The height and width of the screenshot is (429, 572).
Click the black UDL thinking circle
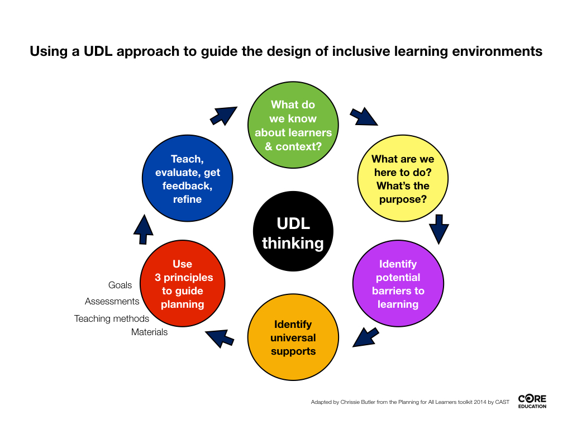point(293,231)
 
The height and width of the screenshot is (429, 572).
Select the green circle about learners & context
point(293,125)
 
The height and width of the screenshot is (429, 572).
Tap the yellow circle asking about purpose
point(403,178)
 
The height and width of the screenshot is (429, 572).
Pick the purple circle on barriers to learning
point(398,283)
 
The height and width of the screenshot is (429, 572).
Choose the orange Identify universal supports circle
point(293,337)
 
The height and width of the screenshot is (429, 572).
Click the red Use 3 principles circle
point(183,283)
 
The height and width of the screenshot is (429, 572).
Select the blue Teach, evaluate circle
point(187,178)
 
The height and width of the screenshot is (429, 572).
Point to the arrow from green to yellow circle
point(364,117)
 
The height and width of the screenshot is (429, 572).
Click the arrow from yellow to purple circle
point(439,229)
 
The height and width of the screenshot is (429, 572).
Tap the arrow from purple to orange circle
point(366,337)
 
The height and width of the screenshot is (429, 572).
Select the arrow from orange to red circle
point(220,338)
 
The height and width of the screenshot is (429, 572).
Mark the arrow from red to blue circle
point(144,230)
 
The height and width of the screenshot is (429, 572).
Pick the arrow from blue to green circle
point(223,116)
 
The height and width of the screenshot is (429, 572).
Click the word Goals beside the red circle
point(120,285)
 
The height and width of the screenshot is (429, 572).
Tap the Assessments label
point(112,301)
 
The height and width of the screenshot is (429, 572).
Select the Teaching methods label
point(112,318)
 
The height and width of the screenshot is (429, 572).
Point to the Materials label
point(149,332)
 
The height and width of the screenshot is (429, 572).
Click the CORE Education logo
point(532,401)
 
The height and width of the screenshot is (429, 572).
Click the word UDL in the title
point(98,51)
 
